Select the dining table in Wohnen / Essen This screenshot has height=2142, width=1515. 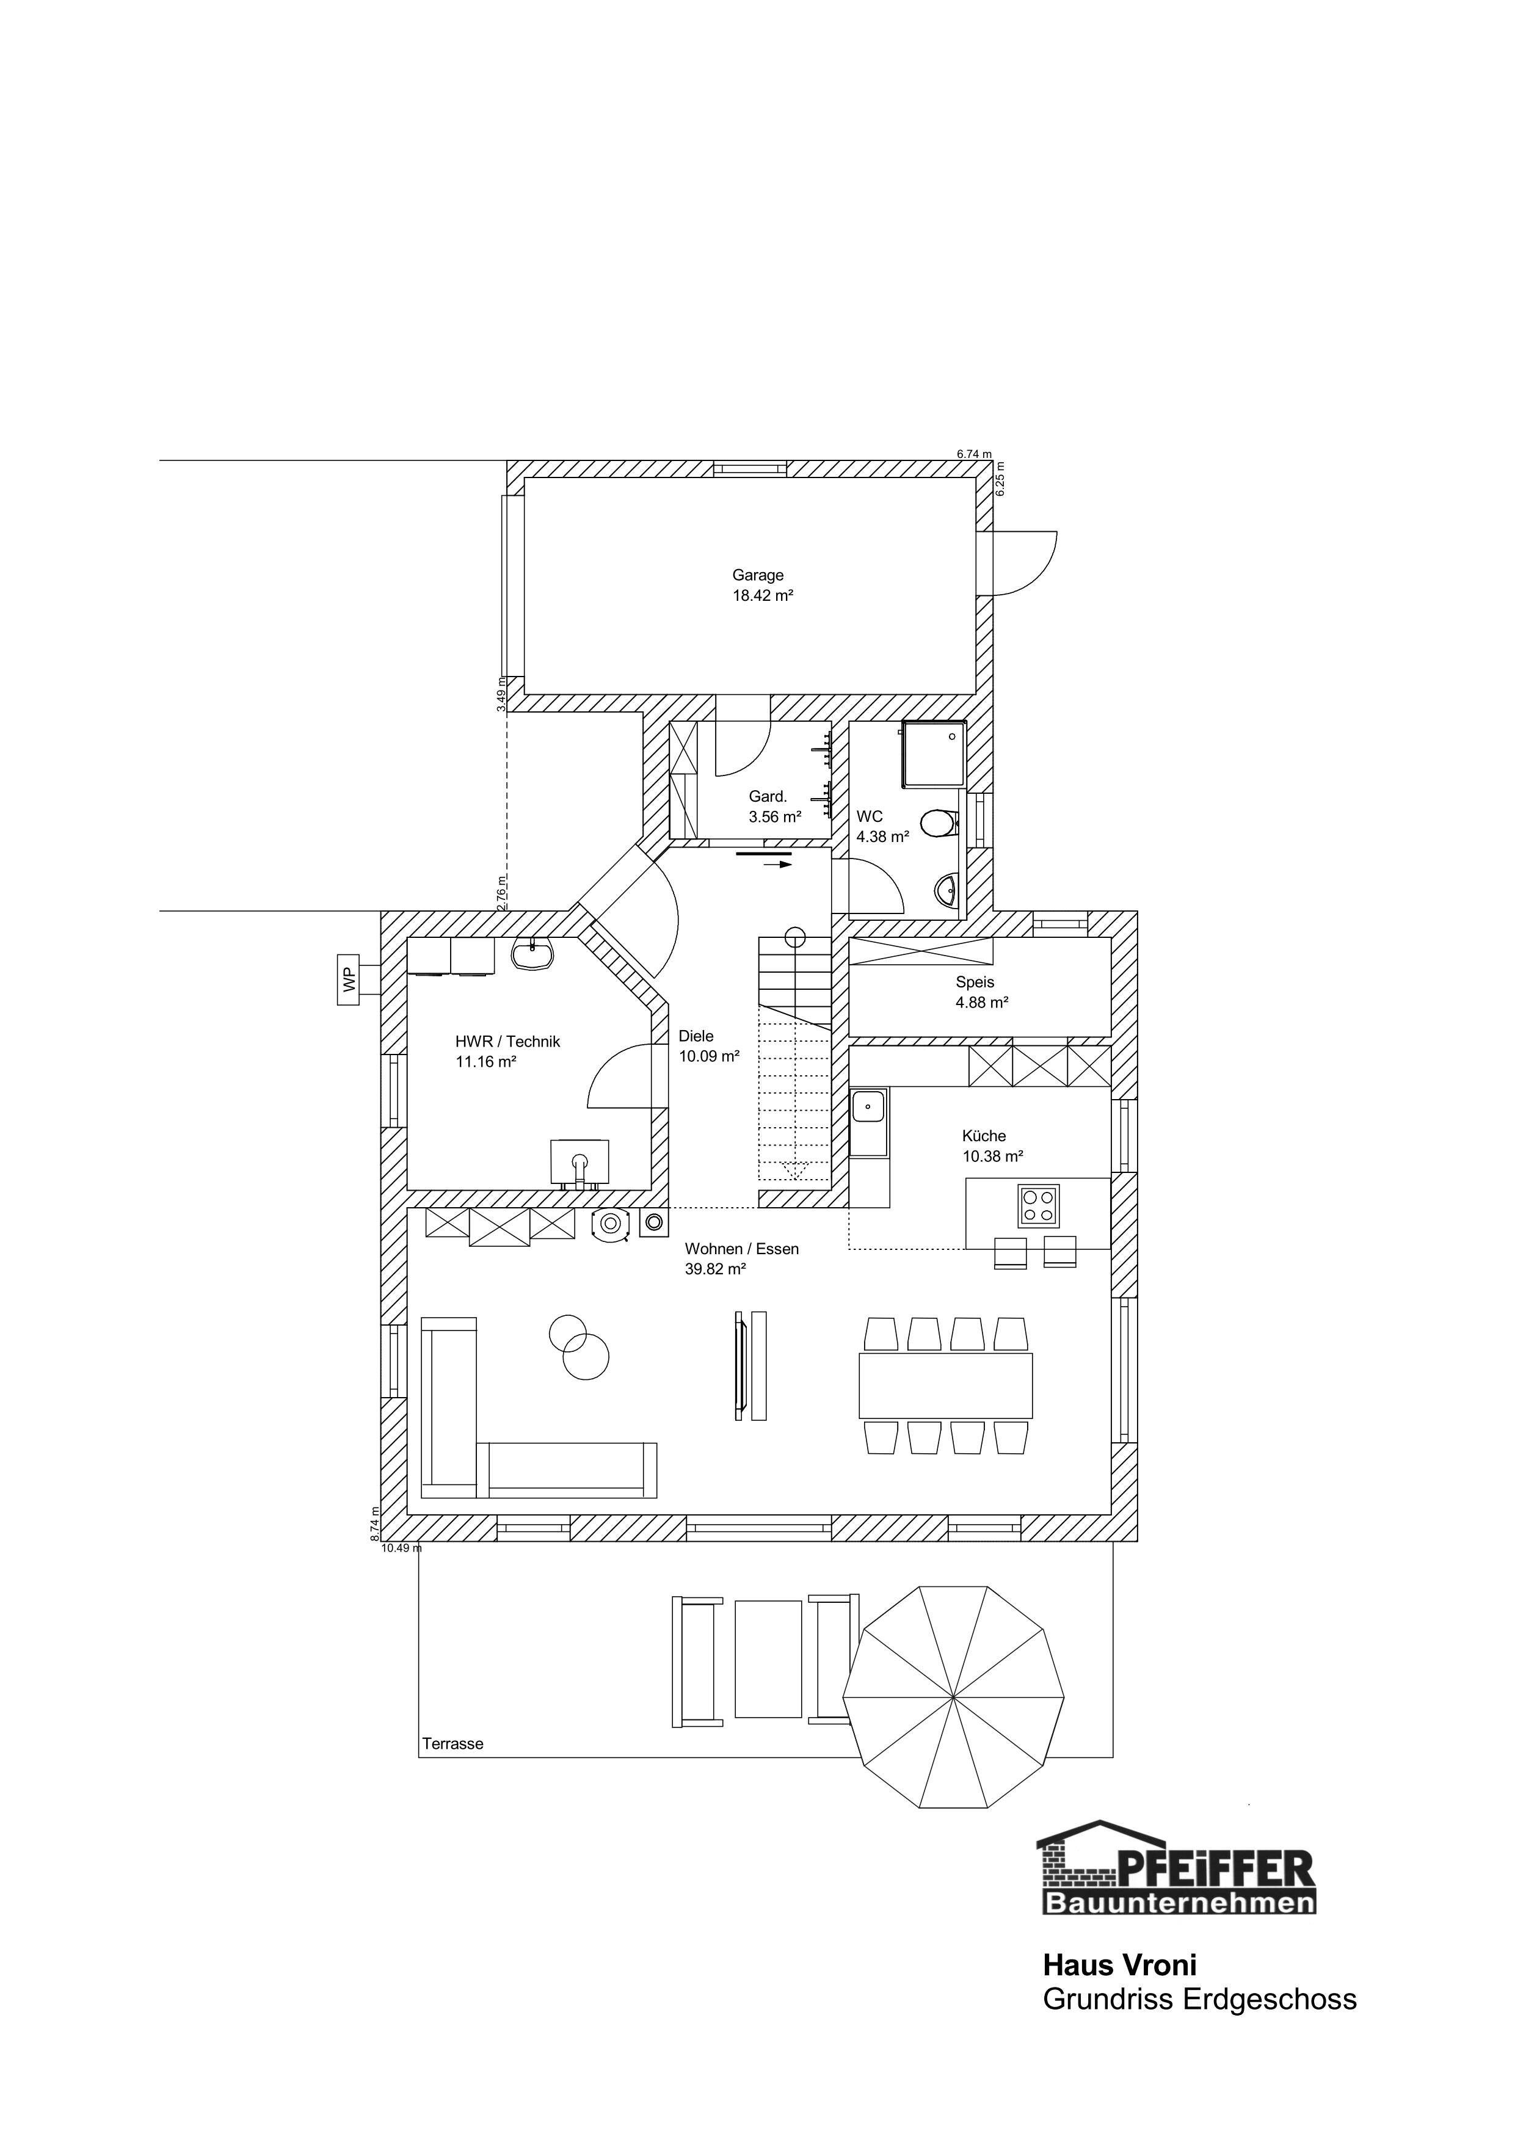click(946, 1385)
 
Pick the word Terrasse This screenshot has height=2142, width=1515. click(452, 1744)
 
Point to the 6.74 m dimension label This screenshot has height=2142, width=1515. click(974, 454)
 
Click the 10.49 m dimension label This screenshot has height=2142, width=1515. click(402, 1548)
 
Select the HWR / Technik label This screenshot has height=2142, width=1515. click(507, 1041)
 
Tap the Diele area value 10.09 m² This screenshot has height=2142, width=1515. click(709, 1056)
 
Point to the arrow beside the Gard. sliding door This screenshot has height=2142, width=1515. click(778, 865)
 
